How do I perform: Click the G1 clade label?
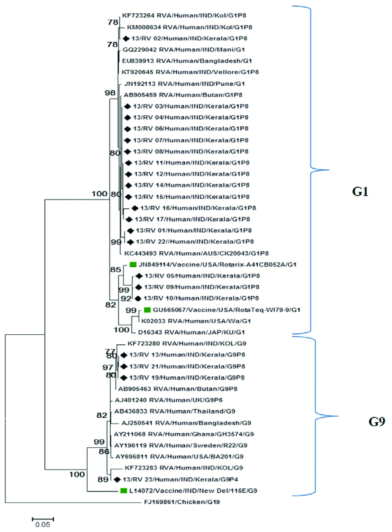(x=360, y=191)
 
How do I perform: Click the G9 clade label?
(x=377, y=422)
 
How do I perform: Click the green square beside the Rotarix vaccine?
(x=133, y=264)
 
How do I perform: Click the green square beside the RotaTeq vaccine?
(x=147, y=310)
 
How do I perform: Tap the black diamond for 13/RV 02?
(x=126, y=38)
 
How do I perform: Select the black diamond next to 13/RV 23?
(x=117, y=479)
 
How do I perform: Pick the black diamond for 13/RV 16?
(x=135, y=208)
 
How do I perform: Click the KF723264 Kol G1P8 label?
(x=184, y=15)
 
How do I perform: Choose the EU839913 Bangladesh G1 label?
(x=187, y=61)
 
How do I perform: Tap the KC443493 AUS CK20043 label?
(x=196, y=253)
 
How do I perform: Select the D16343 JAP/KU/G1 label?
(x=191, y=332)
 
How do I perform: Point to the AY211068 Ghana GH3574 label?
(x=184, y=434)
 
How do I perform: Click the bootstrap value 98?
(x=110, y=93)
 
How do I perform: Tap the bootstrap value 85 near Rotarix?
(x=116, y=269)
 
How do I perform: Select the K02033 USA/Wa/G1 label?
(x=196, y=321)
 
